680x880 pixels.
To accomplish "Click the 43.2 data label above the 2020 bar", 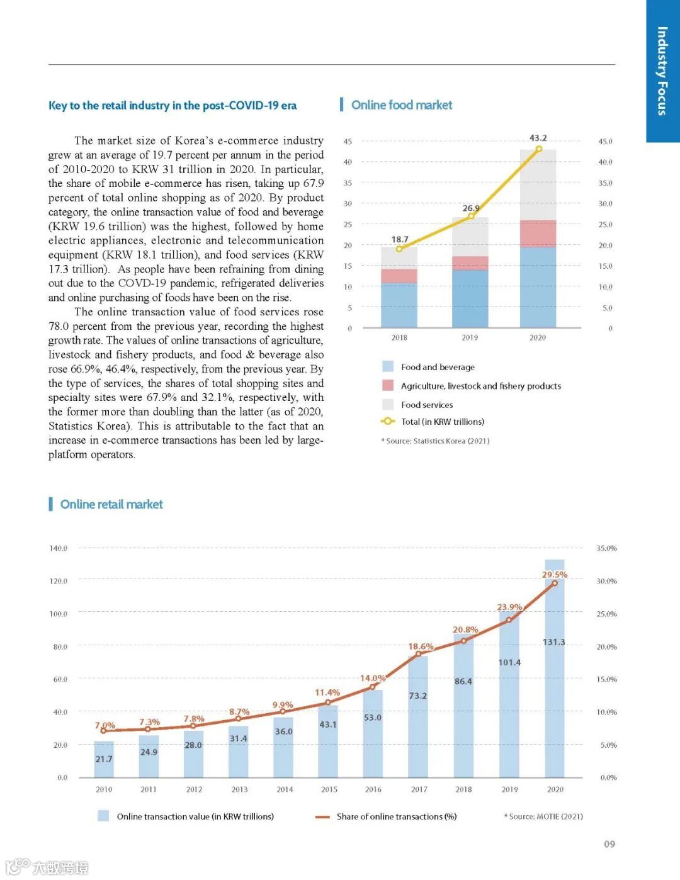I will coord(538,138).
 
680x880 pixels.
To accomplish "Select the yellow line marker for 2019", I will coord(470,217).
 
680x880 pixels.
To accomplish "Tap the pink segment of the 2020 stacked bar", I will coord(538,234).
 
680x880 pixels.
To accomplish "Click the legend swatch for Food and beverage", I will coord(388,367).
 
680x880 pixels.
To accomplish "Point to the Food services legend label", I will coord(427,405).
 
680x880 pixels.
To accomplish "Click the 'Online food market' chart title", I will coord(402,105).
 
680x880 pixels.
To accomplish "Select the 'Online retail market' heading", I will coord(111,504).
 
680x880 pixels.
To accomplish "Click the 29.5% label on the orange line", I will coord(554,575).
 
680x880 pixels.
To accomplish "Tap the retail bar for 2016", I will coord(373,733).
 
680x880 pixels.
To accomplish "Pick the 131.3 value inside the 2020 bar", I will coord(554,642).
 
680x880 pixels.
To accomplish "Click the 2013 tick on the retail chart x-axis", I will coord(239,789).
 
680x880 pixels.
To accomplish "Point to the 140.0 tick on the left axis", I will coord(59,548).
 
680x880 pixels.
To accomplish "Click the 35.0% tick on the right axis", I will coord(606,548).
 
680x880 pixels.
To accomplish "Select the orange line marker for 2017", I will coord(418,654).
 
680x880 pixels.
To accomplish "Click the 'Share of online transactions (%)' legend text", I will coord(397,816).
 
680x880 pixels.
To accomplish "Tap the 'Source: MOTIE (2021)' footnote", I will coord(545,816).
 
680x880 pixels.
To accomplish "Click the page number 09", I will coord(609,844).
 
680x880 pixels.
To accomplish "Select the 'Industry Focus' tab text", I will coord(662,71).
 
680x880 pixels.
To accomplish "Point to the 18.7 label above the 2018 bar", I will coord(399,239).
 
